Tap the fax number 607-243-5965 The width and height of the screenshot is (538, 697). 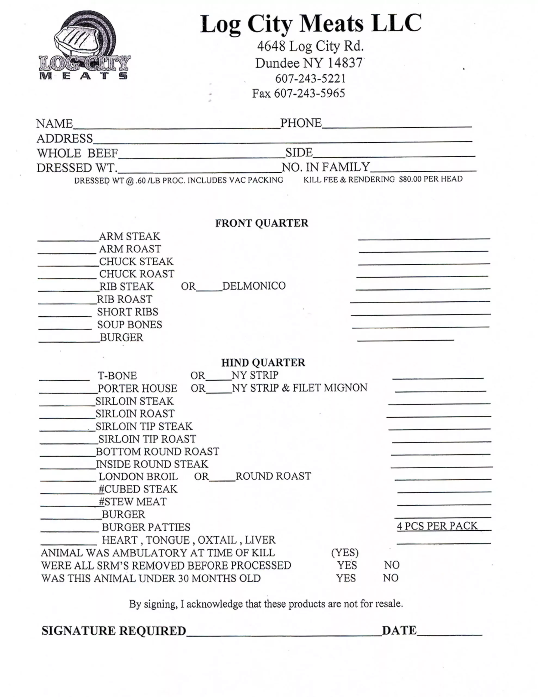click(x=309, y=93)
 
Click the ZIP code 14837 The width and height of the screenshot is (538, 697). click(x=345, y=63)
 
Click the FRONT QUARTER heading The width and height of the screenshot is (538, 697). click(x=261, y=223)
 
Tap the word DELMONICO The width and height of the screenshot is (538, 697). click(x=254, y=286)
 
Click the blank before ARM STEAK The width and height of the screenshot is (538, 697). click(x=68, y=238)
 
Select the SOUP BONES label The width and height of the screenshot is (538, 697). click(x=129, y=325)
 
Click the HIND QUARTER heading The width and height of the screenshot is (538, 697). click(x=263, y=363)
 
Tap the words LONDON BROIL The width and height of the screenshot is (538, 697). click(x=138, y=476)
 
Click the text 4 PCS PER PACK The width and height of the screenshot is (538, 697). click(x=437, y=526)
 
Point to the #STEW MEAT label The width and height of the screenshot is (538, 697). click(x=133, y=502)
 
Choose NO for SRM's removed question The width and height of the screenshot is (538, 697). click(x=392, y=565)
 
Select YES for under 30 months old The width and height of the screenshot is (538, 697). click(x=346, y=578)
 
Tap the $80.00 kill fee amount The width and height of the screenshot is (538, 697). click(x=410, y=179)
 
